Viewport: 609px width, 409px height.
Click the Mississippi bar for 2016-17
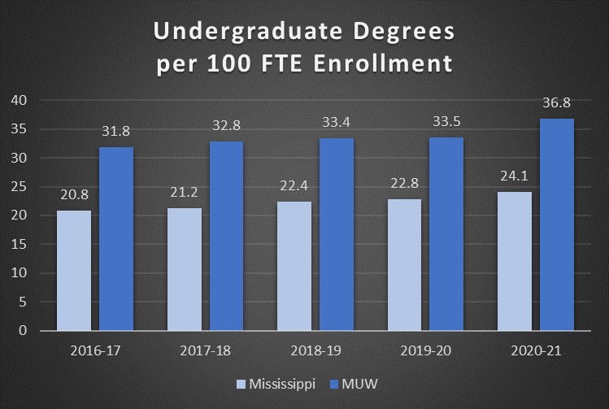pyautogui.click(x=74, y=271)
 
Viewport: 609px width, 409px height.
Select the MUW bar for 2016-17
pyautogui.click(x=116, y=239)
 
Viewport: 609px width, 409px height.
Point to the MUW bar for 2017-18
pyautogui.click(x=226, y=236)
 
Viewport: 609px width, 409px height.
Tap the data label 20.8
pyautogui.click(x=74, y=195)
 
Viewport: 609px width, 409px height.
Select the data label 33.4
pyautogui.click(x=336, y=122)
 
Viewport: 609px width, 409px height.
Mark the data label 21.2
pyautogui.click(x=184, y=193)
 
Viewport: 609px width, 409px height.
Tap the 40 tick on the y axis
pyautogui.click(x=19, y=100)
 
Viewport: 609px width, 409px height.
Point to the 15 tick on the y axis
pyautogui.click(x=19, y=244)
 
